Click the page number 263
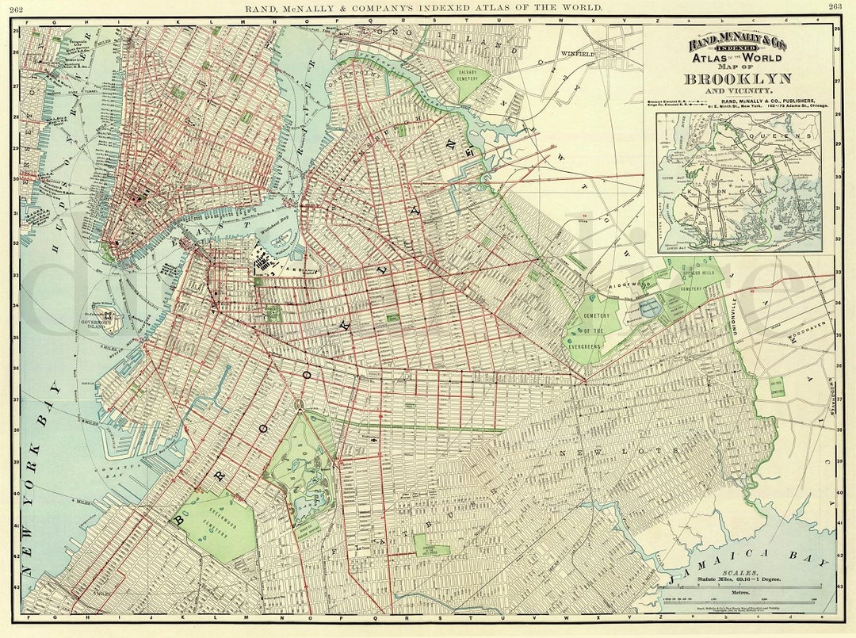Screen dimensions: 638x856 pos(835,7)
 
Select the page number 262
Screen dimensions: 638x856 pos(16,7)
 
